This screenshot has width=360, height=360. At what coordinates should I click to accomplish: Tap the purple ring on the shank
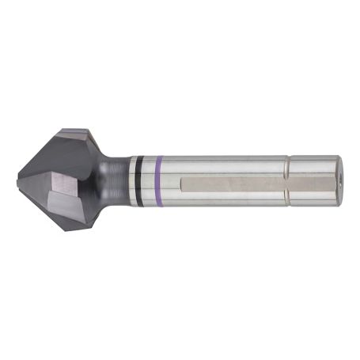(159, 182)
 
